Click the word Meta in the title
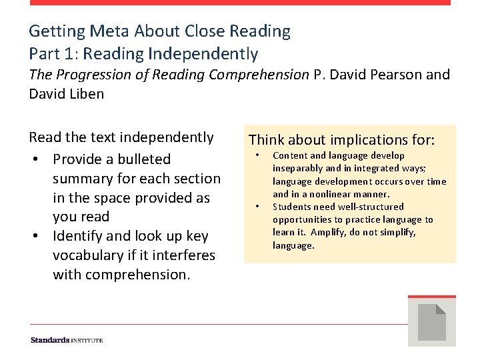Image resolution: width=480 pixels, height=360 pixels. pyautogui.click(x=109, y=31)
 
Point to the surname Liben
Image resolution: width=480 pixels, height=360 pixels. pyautogui.click(x=86, y=94)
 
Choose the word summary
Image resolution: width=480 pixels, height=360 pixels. pyautogui.click(x=82, y=179)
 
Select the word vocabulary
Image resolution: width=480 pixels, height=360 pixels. pyautogui.click(x=90, y=255)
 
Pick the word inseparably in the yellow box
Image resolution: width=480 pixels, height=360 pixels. pyautogui.click(x=295, y=169)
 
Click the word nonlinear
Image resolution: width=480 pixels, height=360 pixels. pyautogui.click(x=331, y=194)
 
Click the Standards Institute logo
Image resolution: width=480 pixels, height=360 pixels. pyautogui.click(x=67, y=340)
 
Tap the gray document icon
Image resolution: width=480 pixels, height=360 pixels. pyautogui.click(x=431, y=321)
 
